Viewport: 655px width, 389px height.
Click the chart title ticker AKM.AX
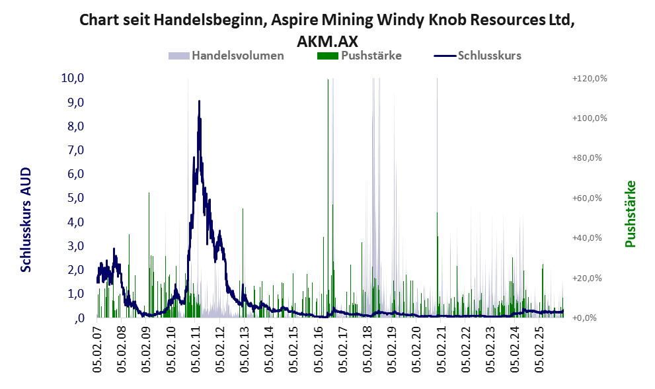coord(327,41)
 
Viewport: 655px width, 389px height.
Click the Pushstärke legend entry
coord(370,56)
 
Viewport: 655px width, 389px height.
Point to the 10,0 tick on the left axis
coord(72,78)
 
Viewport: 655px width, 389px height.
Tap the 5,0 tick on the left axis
coord(74,198)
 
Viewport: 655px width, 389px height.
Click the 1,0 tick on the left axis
coord(74,294)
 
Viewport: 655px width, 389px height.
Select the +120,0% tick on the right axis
coord(589,79)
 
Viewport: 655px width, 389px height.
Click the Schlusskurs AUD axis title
coord(26,219)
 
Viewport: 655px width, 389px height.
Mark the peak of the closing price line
coord(199,101)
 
